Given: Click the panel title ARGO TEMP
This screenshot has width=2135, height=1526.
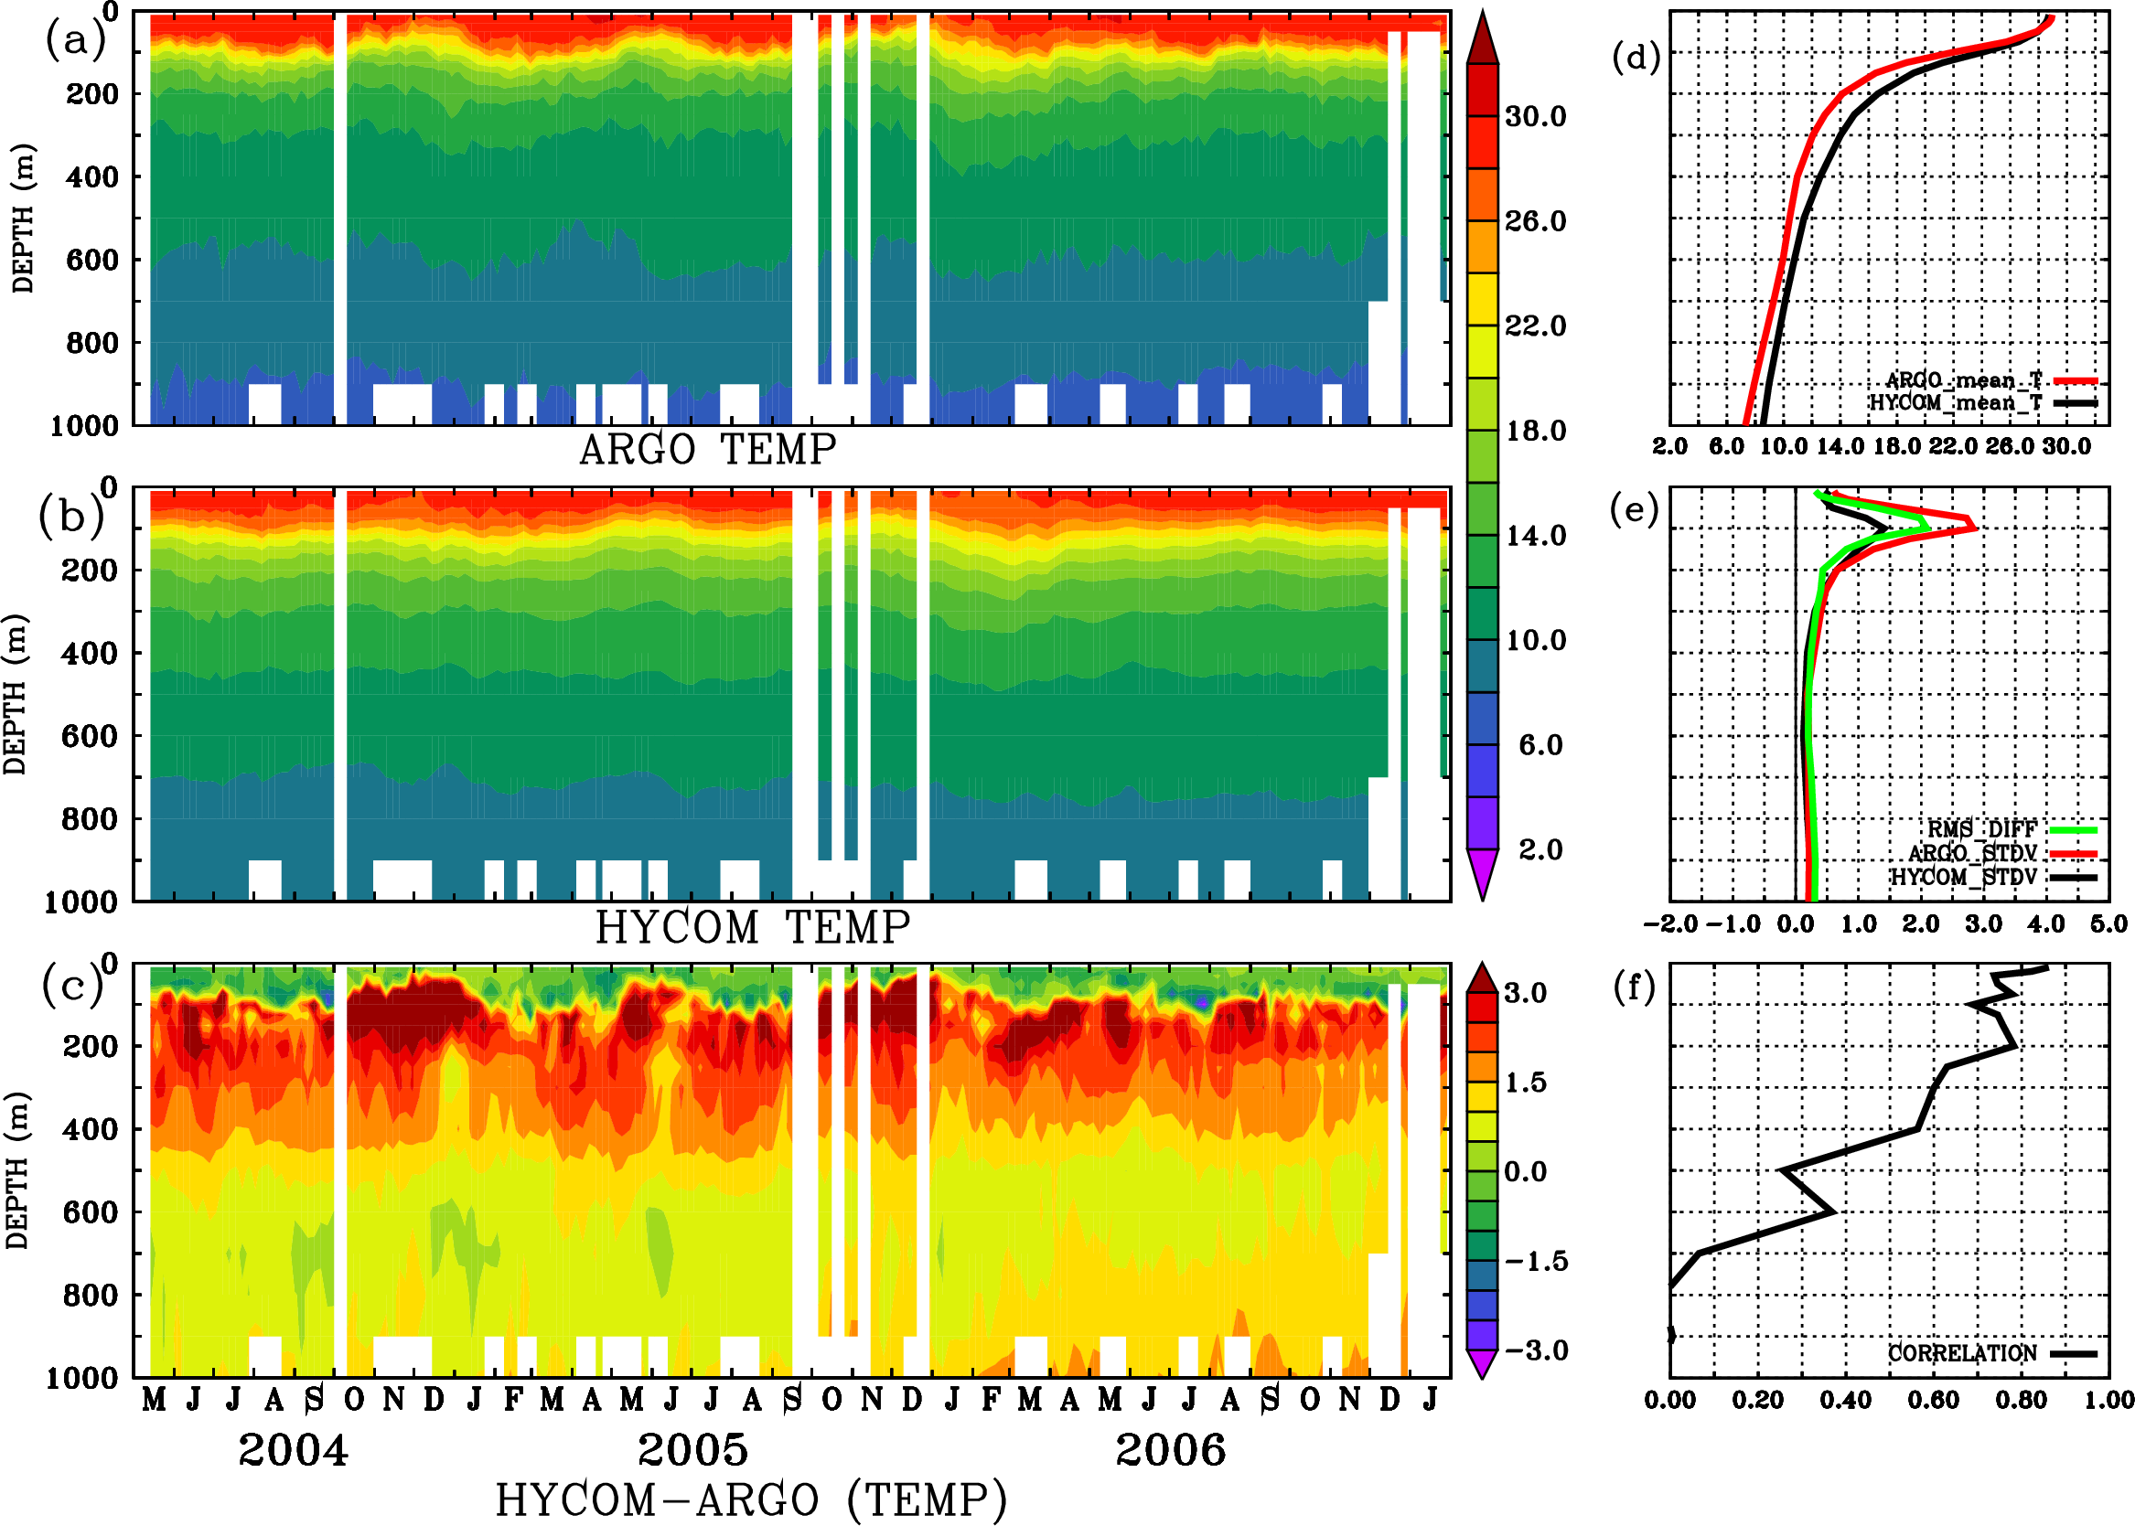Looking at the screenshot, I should [707, 450].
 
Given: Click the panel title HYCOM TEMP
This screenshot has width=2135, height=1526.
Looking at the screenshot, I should [753, 927].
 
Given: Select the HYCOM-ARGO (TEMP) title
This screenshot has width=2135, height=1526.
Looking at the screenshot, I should [750, 1499].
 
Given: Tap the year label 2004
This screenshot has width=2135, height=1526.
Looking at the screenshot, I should [294, 1450].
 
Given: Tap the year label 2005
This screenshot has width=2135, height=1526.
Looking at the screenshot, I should [692, 1450].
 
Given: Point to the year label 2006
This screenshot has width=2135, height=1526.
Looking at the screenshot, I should [1171, 1450].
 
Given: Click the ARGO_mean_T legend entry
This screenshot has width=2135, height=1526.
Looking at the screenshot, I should [1964, 380].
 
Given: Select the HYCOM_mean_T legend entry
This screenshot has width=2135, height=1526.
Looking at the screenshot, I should [1956, 403].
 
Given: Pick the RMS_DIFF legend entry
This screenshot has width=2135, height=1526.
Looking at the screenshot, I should [1981, 829].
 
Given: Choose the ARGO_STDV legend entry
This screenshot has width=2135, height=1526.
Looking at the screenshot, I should [1972, 853].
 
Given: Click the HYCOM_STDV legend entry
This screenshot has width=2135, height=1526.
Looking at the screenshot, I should [1963, 877].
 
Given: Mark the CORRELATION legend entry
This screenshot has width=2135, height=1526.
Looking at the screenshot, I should [1963, 1354].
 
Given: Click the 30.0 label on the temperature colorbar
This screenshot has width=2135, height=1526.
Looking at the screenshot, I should [1535, 116].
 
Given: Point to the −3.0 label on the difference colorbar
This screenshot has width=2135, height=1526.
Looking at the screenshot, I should [1536, 1350].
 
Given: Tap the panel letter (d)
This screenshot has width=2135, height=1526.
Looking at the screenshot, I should [1636, 58].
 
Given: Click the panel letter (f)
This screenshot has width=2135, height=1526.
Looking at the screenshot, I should [1634, 987].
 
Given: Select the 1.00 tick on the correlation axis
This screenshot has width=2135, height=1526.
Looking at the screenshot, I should [2108, 1401].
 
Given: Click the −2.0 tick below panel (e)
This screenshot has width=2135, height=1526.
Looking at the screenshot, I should [1669, 924].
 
